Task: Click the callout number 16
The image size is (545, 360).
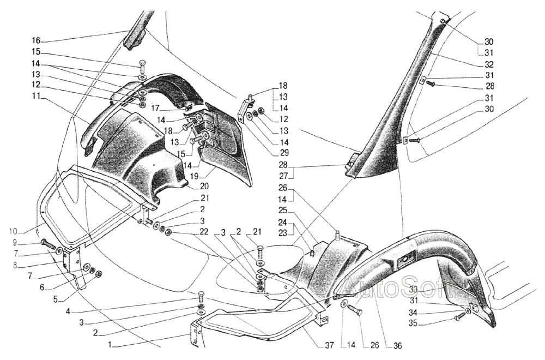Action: tap(35, 40)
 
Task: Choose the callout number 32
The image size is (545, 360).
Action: tap(488, 64)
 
